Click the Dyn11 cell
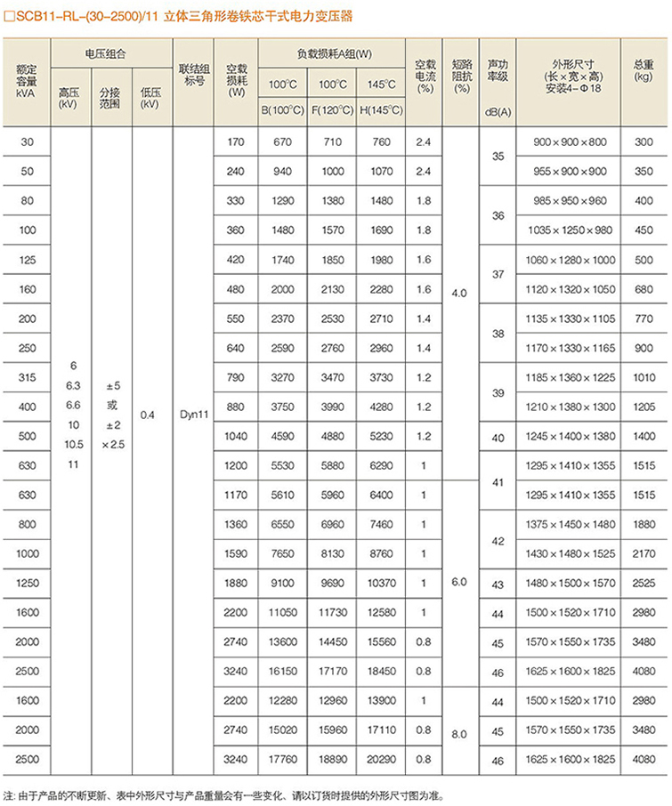[193, 415]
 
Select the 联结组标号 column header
[193, 74]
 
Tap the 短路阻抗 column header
[459, 76]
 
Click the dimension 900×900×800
[569, 142]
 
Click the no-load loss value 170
[235, 142]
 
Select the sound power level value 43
[498, 584]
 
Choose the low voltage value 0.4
[148, 415]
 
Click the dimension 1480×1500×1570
[569, 584]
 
